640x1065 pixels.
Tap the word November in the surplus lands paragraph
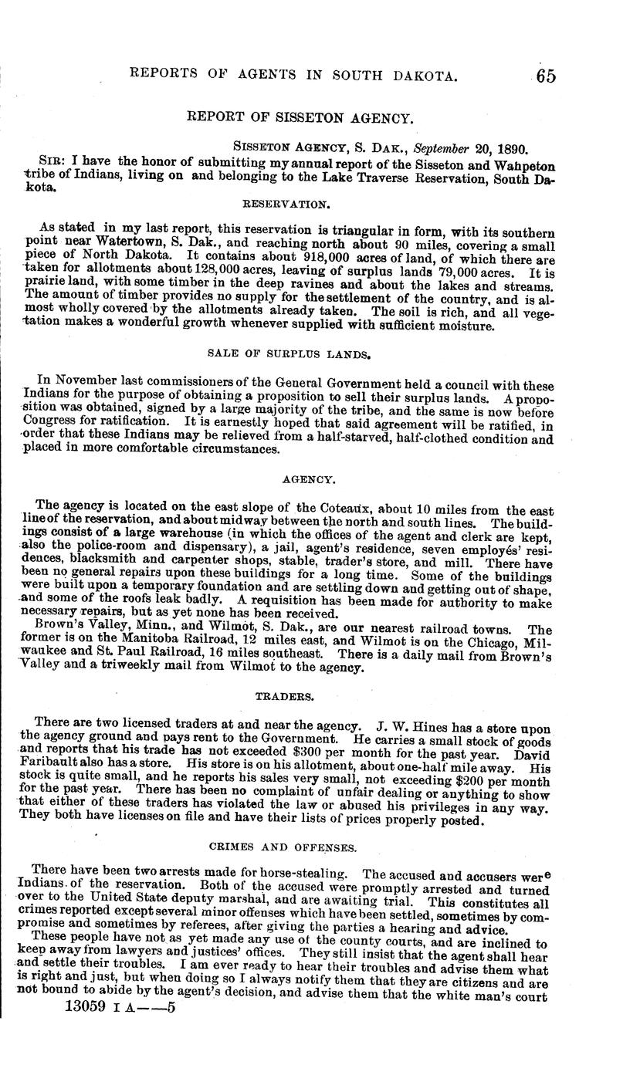(83, 380)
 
